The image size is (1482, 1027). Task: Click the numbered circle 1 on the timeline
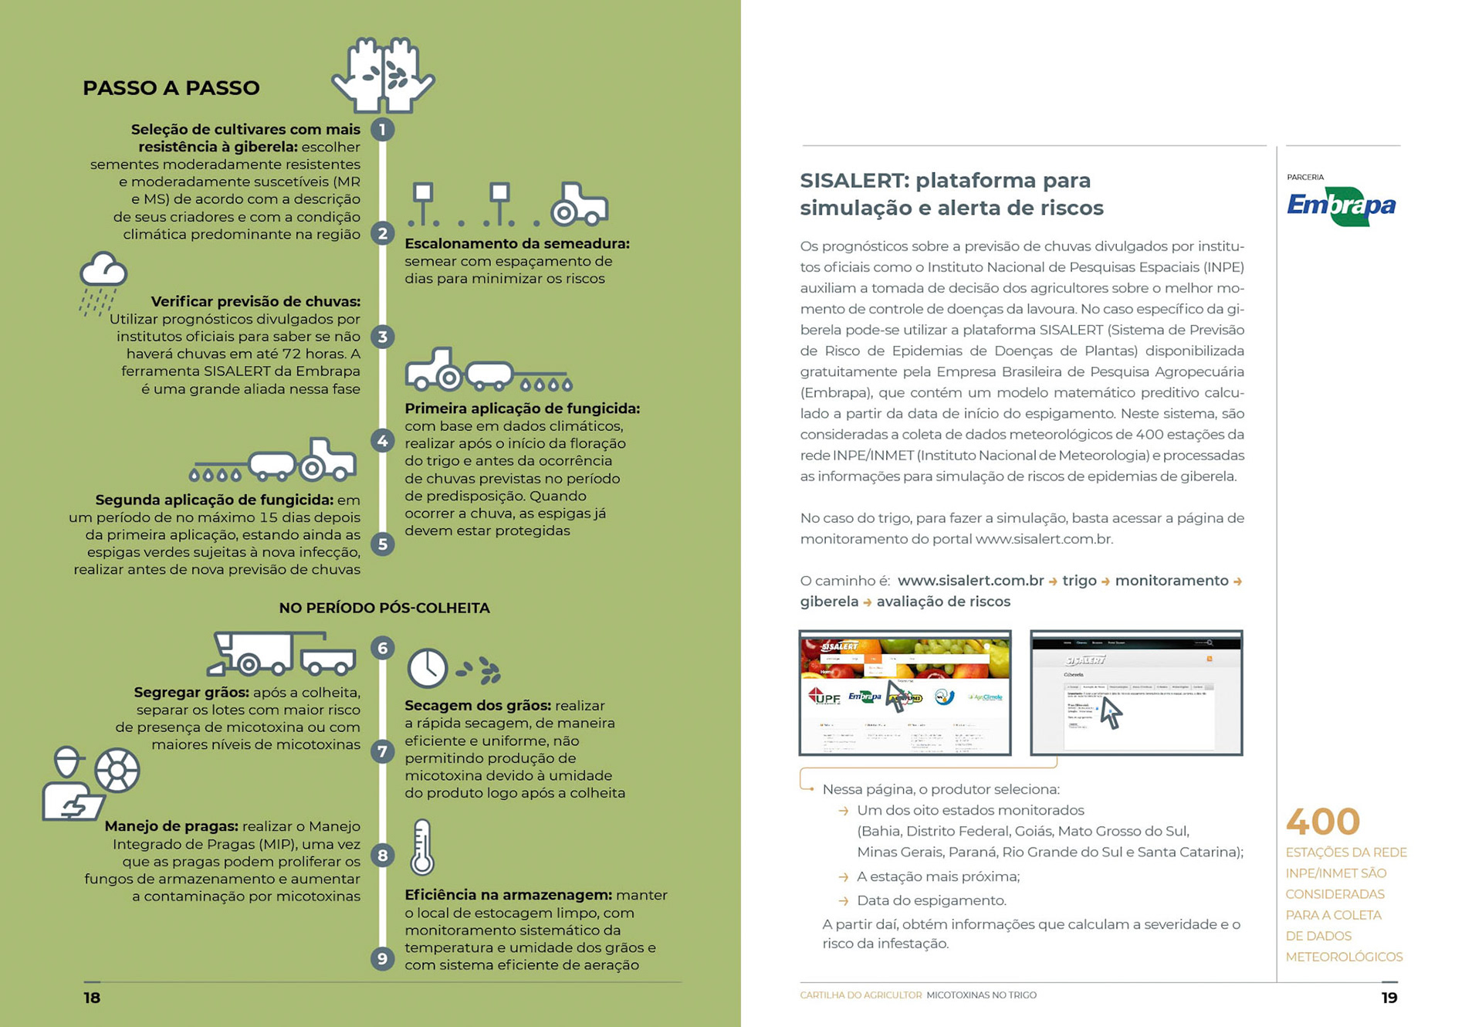tap(382, 129)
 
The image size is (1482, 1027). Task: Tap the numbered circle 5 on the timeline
tap(382, 544)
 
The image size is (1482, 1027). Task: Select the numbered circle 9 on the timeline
tap(382, 959)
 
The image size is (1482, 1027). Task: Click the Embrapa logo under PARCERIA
tap(1341, 206)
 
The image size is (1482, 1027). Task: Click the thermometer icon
tap(422, 847)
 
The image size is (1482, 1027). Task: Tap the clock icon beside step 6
tap(427, 668)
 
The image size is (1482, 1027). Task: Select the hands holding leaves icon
tap(383, 75)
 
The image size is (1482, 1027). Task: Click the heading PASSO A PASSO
tap(171, 88)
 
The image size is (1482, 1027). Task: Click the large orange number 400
tap(1322, 822)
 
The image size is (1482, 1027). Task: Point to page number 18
tap(92, 998)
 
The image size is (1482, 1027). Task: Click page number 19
tap(1389, 998)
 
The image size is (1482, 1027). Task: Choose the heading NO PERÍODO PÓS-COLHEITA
tap(384, 608)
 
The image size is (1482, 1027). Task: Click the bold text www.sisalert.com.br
tap(970, 581)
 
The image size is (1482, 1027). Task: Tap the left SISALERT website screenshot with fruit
tap(905, 693)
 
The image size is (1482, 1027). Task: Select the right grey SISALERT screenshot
tap(1136, 693)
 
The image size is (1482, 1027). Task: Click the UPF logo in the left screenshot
tap(824, 697)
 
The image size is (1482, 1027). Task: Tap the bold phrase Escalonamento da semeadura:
tap(516, 244)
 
